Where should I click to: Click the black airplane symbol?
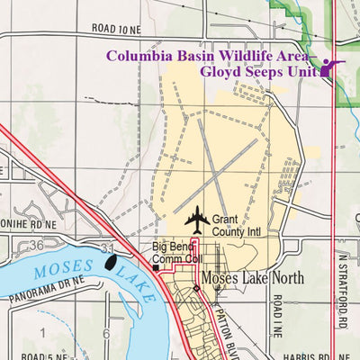click(x=196, y=219)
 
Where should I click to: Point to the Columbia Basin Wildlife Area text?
click(x=207, y=55)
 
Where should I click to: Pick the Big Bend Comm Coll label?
click(x=175, y=253)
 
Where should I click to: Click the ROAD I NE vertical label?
click(x=280, y=317)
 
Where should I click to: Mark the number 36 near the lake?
click(x=36, y=245)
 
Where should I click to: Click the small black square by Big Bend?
click(x=155, y=267)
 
